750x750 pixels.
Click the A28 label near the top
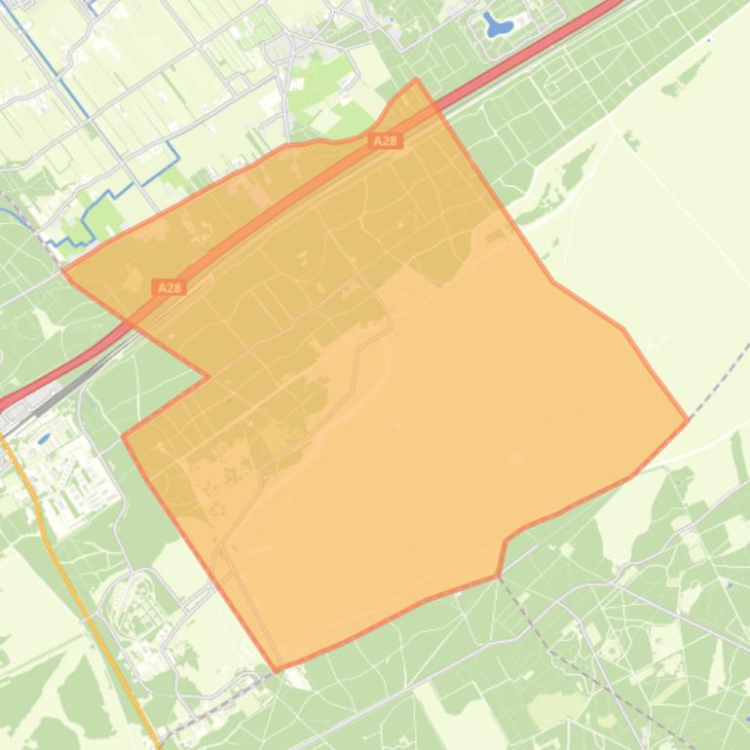click(386, 141)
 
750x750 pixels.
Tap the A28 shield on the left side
click(169, 287)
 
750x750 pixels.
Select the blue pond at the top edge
click(498, 26)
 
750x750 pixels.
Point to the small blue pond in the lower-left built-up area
click(44, 439)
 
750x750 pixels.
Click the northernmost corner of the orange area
click(417, 80)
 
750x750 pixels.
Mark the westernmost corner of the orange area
click(63, 272)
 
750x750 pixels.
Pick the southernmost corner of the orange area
click(277, 670)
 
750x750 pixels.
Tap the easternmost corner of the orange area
click(688, 420)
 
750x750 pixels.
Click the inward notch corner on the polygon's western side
click(207, 377)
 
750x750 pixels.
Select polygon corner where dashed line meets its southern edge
click(499, 575)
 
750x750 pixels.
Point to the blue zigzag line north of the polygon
click(127, 185)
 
